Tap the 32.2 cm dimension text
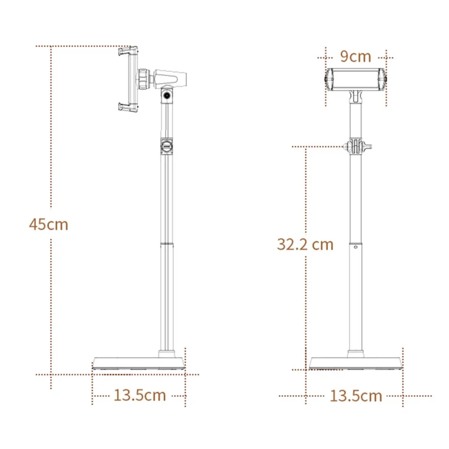(305, 244)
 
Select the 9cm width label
(356, 56)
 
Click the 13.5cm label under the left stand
(140, 395)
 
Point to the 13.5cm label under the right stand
(356, 396)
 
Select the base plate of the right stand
(356, 363)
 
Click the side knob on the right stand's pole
(355, 147)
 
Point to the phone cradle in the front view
(356, 79)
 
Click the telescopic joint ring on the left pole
(167, 242)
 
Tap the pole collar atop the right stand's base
(356, 352)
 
